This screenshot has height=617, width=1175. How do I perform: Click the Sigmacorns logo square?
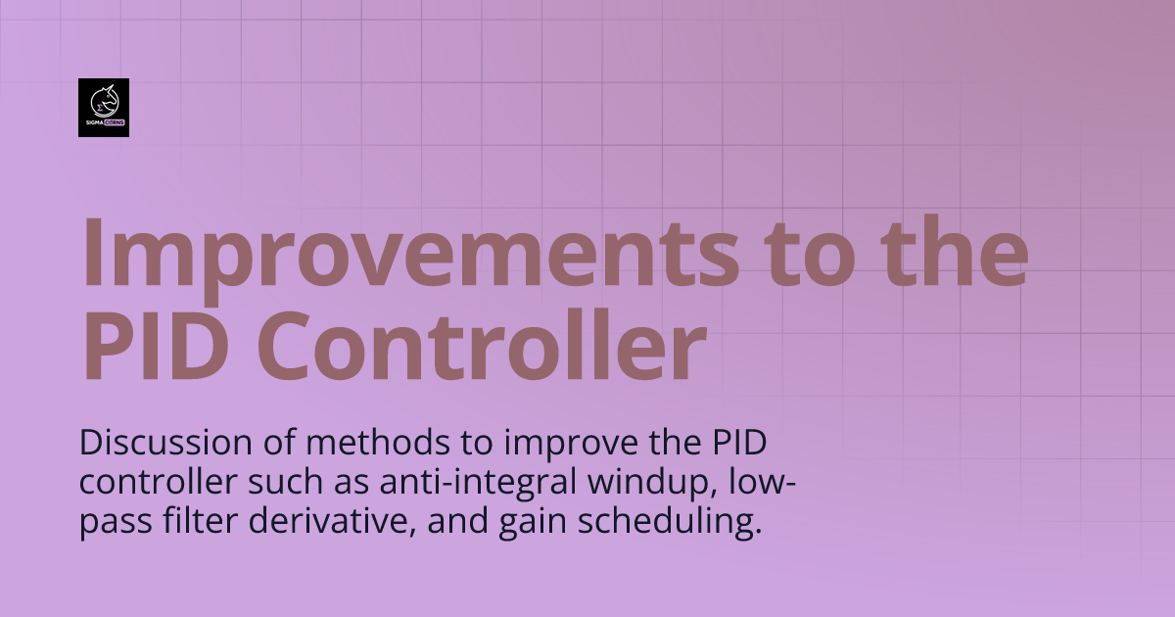click(x=104, y=108)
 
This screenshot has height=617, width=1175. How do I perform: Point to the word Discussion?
click(x=165, y=443)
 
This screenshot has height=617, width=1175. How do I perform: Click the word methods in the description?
click(x=378, y=443)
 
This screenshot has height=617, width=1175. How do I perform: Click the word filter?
click(x=200, y=520)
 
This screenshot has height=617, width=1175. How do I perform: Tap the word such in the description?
click(x=285, y=482)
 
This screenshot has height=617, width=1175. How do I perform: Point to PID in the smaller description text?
click(x=739, y=443)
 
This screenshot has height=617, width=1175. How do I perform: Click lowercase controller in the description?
click(x=158, y=482)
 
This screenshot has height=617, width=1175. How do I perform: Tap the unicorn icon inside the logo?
click(x=105, y=101)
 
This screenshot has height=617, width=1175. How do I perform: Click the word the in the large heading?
click(x=954, y=251)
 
